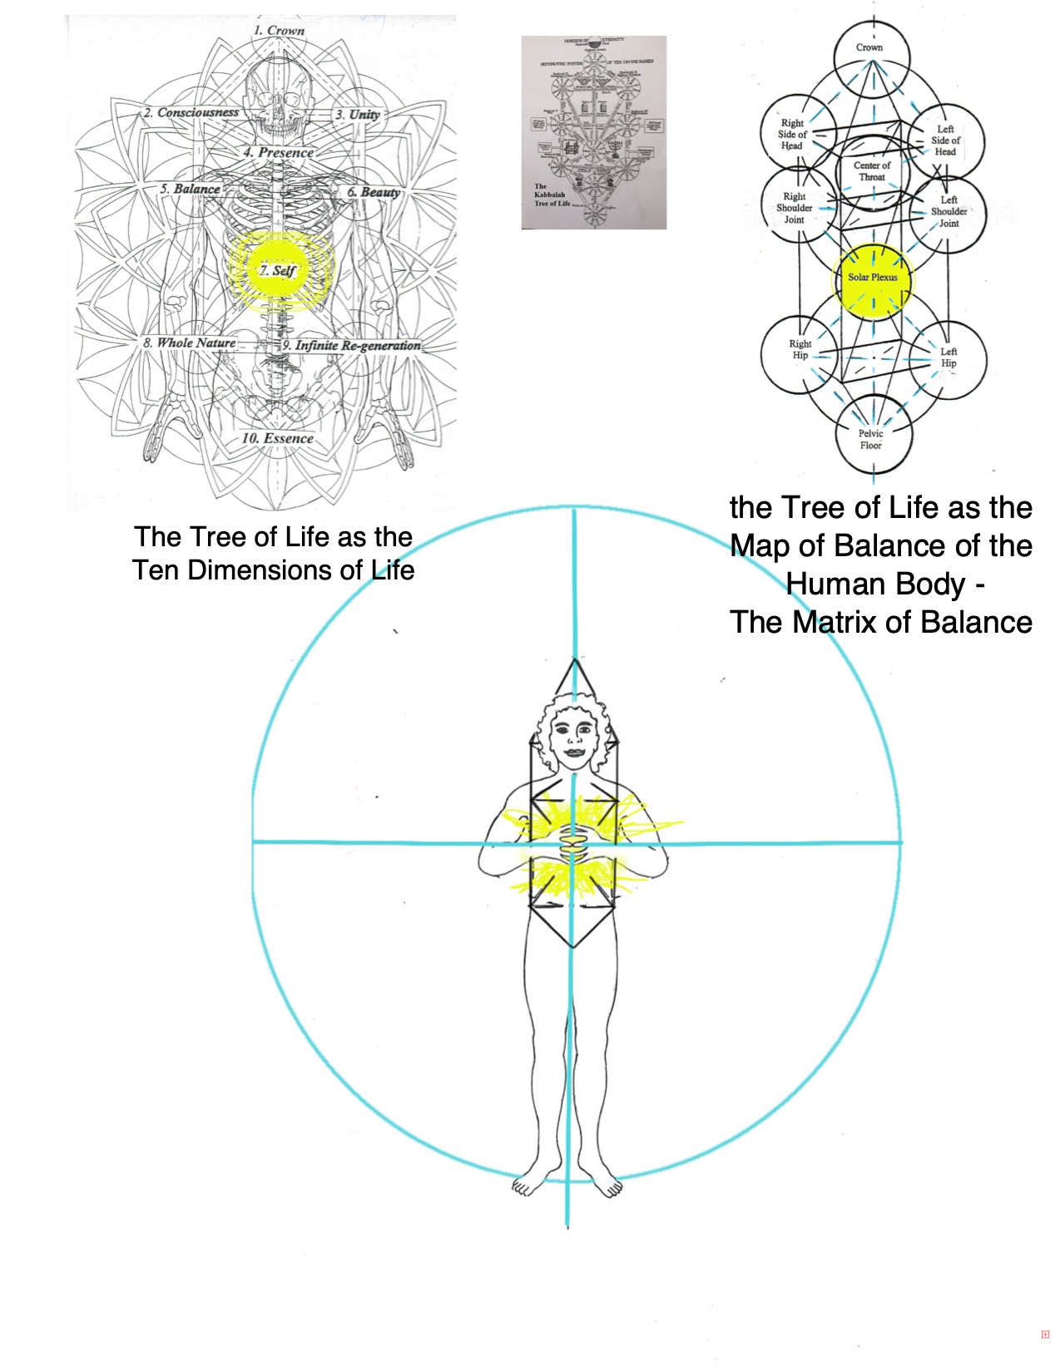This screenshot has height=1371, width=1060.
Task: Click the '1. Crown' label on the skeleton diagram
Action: (280, 31)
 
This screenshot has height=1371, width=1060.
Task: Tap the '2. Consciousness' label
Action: (191, 112)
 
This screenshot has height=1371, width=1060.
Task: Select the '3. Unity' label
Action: (359, 115)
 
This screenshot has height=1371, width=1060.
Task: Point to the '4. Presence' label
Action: (279, 153)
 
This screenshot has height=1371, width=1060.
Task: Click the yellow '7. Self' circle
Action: (279, 271)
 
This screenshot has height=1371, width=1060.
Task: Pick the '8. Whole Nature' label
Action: (189, 343)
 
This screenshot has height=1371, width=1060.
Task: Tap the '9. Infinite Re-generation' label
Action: (352, 345)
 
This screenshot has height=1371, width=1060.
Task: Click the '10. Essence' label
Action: (278, 438)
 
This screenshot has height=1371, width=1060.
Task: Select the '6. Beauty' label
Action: (374, 192)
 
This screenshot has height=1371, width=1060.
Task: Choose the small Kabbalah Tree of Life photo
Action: (593, 132)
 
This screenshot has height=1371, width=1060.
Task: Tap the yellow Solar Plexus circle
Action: (873, 280)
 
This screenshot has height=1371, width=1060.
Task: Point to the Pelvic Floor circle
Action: (872, 436)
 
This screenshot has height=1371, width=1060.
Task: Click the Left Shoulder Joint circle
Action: (948, 213)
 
